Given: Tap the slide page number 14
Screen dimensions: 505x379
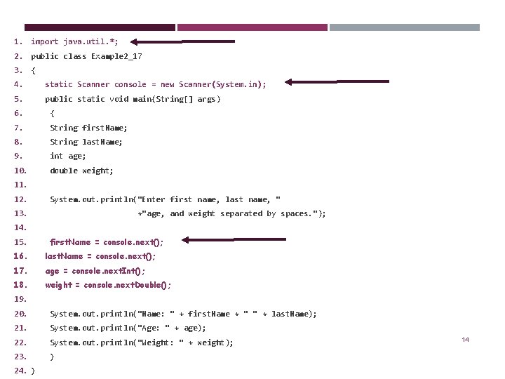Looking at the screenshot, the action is (465, 340).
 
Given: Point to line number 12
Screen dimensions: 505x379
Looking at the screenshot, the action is (20, 199).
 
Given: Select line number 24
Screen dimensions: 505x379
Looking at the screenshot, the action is (20, 371).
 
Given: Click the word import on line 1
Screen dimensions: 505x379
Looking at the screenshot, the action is (44, 42).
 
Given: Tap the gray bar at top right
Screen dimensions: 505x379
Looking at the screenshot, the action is (405, 27).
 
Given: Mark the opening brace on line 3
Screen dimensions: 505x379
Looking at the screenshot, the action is (33, 71).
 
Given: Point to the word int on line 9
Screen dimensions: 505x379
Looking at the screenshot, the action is (56, 157).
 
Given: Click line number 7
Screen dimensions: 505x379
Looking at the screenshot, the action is (18, 128).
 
